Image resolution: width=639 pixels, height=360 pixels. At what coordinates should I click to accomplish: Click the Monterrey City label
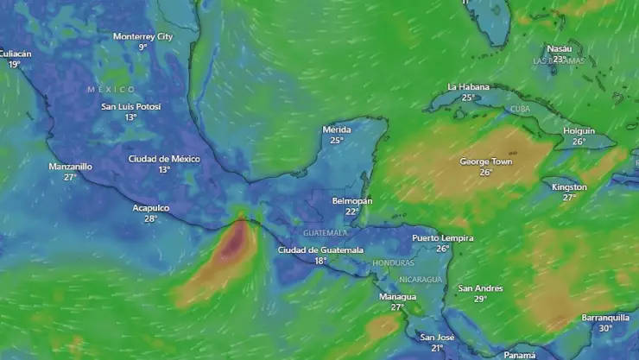(142, 36)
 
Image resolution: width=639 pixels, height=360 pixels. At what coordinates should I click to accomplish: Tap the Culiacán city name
(15, 54)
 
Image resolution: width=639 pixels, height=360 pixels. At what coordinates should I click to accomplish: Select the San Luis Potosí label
(130, 106)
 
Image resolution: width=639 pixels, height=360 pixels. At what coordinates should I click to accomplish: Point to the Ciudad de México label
(164, 159)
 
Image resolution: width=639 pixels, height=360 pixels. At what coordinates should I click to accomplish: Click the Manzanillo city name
(70, 166)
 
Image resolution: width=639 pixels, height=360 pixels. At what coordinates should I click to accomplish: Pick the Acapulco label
(150, 208)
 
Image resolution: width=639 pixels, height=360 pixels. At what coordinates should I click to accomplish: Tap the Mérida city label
(337, 129)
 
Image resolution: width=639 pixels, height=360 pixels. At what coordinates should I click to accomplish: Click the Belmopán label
(352, 200)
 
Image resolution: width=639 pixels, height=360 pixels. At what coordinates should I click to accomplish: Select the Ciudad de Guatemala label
(320, 249)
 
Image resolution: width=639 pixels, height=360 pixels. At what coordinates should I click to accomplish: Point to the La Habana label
(468, 87)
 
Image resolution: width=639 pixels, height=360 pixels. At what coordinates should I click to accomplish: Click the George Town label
(486, 161)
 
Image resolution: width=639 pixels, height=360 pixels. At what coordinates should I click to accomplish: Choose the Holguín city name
(579, 130)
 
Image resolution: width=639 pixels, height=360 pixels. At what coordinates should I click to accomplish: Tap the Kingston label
(569, 186)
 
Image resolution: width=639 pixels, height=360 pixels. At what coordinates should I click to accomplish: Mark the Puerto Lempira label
(443, 237)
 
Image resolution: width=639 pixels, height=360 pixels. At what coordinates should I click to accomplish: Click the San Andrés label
(480, 288)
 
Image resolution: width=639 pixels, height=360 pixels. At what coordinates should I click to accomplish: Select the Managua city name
(397, 296)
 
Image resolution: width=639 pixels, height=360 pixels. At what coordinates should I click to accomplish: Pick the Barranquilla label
(605, 317)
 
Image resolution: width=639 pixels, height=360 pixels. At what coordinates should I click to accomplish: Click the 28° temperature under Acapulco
(150, 218)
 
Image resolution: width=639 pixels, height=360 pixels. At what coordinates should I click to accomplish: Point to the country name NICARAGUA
(421, 279)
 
